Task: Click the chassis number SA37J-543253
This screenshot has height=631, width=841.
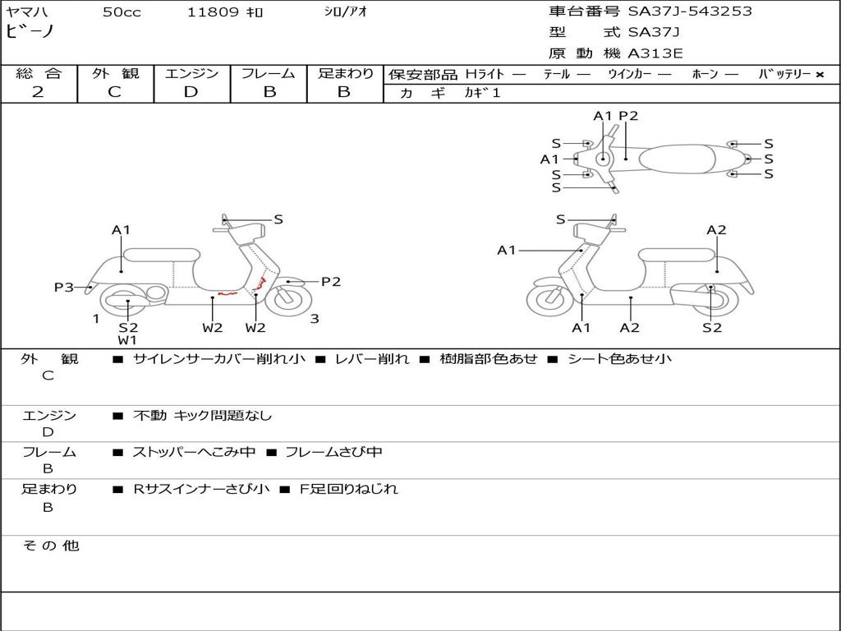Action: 690,12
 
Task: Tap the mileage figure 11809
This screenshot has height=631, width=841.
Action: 213,12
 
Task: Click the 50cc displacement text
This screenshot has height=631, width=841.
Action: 122,12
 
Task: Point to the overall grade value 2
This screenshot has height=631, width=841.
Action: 38,92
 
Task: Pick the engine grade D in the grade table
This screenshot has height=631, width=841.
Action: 191,92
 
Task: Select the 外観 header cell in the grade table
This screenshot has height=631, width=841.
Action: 115,73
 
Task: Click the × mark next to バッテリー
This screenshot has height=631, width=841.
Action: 820,75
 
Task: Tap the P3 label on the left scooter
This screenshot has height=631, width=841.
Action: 64,288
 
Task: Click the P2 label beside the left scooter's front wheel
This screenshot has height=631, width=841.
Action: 331,282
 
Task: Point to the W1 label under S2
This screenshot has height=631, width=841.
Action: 127,340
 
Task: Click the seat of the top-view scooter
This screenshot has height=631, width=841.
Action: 678,159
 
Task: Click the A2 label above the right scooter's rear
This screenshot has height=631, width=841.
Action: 716,230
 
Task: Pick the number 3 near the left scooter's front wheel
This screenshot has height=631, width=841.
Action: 315,319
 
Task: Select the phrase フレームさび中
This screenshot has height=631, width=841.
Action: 333,452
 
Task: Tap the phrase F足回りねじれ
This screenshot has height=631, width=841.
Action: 348,489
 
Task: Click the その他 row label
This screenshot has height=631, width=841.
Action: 51,546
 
